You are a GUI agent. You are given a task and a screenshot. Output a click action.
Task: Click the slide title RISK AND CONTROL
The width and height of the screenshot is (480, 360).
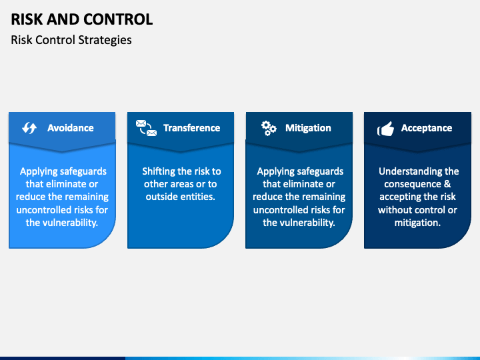click(x=82, y=19)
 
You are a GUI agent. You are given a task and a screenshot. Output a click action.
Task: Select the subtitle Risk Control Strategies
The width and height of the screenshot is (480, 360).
click(x=71, y=40)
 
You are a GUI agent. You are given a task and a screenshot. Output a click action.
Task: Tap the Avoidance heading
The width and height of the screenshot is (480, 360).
click(x=71, y=128)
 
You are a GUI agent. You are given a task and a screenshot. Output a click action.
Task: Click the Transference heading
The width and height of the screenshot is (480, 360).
click(x=191, y=128)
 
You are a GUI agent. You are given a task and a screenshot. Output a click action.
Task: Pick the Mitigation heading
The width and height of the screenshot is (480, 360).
click(x=308, y=128)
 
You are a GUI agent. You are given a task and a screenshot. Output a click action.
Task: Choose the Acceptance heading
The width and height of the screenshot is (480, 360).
click(x=427, y=128)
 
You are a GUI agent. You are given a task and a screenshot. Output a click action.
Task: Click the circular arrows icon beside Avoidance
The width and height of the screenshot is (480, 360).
click(x=29, y=128)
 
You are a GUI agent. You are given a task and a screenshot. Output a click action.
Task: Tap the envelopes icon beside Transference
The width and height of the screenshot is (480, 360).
click(x=146, y=128)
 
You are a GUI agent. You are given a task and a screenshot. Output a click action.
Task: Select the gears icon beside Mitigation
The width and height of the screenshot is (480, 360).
click(x=269, y=128)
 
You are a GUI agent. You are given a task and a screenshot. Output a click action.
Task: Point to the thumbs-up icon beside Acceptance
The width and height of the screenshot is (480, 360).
click(x=386, y=129)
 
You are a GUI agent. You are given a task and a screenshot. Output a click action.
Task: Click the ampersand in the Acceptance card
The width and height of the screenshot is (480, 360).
click(x=447, y=184)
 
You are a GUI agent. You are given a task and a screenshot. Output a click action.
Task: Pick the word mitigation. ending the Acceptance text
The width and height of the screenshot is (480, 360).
click(x=417, y=223)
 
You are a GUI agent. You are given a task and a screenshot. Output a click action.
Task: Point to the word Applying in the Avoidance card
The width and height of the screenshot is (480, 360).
click(x=35, y=171)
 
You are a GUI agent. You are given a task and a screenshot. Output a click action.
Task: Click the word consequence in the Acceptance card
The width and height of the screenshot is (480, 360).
click(x=413, y=184)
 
